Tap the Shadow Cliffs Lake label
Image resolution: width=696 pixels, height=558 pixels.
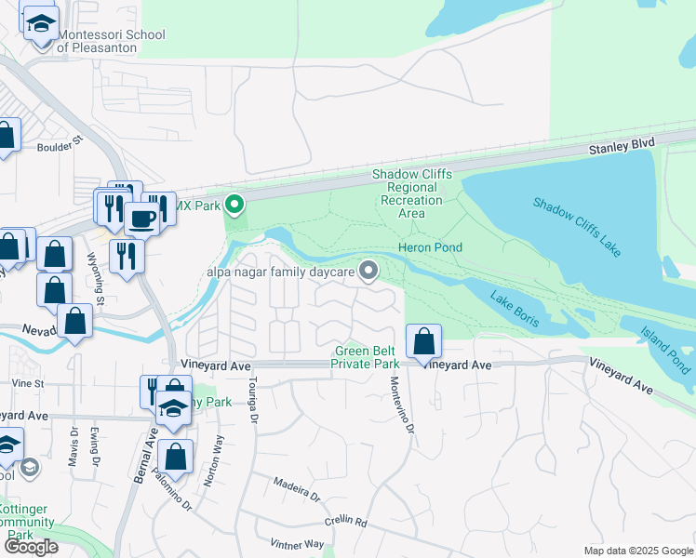[x=577, y=228]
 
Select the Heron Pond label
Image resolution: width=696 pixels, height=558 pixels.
[x=430, y=247]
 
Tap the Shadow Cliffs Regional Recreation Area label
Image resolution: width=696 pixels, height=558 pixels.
[x=412, y=193]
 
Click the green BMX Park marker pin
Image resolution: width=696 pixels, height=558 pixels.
[x=235, y=203]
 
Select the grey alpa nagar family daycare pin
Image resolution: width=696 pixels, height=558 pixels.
[x=369, y=271]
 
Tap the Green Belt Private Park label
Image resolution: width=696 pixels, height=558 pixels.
[x=367, y=357]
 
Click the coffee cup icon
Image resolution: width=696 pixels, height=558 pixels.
[x=141, y=218]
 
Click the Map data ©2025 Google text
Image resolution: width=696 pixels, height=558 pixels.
[x=637, y=551]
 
